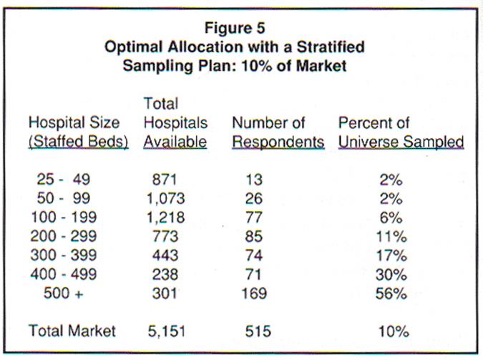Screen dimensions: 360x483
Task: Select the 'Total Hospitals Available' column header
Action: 175,122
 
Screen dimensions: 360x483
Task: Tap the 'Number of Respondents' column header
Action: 278,132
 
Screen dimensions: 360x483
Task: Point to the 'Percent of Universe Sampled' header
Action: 401,132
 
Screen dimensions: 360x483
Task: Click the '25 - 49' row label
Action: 63,181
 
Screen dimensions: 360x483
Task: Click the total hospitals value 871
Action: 165,181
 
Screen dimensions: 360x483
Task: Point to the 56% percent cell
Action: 394,293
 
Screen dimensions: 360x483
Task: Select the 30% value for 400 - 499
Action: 394,274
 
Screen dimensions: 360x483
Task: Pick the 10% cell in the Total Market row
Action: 394,331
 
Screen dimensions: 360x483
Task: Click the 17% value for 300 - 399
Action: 394,256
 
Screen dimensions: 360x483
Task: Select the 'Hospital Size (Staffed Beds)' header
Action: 78,132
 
